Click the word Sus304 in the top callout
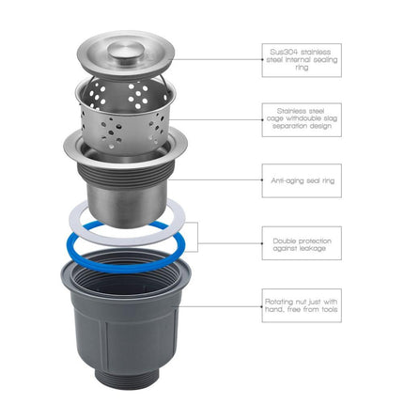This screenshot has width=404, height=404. pyautogui.click(x=281, y=52)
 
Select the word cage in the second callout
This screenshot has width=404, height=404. pyautogui.click(x=275, y=119)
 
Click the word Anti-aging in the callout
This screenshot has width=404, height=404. pyautogui.click(x=284, y=181)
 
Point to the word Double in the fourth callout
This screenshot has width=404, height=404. pyautogui.click(x=285, y=241)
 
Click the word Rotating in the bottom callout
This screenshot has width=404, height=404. pyautogui.click(x=280, y=303)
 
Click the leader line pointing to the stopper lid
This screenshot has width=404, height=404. pyautogui.click(x=218, y=59)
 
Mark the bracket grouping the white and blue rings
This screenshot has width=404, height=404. pyautogui.click(x=197, y=237)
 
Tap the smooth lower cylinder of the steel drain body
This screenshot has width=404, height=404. pyautogui.click(x=125, y=205)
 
